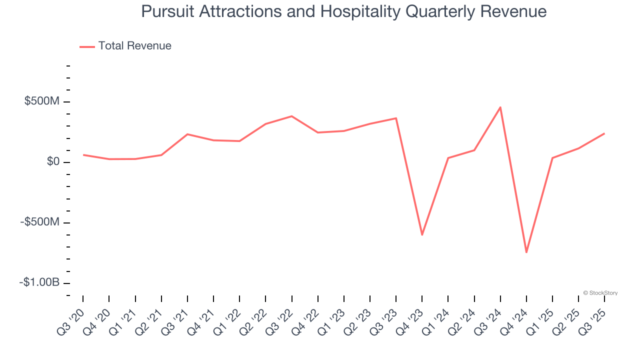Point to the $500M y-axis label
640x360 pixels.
click(42, 101)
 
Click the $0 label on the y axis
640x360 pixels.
click(53, 162)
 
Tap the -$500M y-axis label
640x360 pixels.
click(40, 222)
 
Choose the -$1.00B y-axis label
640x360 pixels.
click(39, 282)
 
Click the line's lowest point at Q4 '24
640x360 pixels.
click(526, 252)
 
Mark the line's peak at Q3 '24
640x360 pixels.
click(500, 107)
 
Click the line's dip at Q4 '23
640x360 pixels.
click(422, 234)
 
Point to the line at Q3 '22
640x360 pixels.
click(292, 116)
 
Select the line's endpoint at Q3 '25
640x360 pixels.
click(604, 133)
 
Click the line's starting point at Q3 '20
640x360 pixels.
click(83, 155)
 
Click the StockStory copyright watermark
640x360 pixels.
click(600, 293)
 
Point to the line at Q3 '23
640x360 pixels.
click(396, 118)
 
